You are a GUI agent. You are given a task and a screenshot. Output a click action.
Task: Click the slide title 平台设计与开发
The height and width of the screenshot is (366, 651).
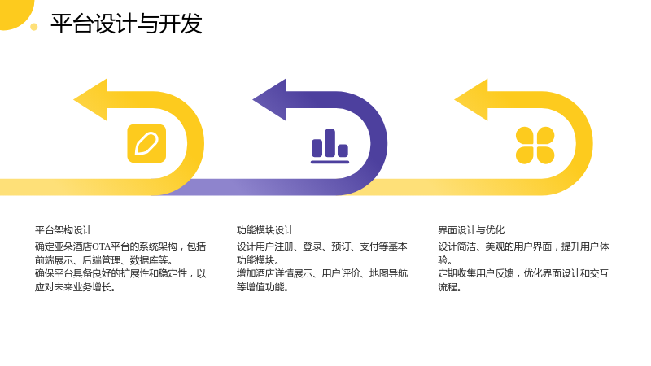point(126,24)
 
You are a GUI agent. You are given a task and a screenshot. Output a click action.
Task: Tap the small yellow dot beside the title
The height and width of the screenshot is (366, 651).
point(34,27)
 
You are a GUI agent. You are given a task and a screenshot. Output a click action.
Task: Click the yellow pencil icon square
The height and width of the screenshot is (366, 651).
point(146,144)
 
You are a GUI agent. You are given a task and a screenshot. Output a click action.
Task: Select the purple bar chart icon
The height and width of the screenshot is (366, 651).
point(330,146)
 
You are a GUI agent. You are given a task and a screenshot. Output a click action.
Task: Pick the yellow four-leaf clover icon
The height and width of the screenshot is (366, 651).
point(535,146)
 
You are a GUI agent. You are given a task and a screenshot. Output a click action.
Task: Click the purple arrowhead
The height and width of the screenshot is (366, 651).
point(269,99)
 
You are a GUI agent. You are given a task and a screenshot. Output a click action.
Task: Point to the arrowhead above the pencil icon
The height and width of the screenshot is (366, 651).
point(90,99)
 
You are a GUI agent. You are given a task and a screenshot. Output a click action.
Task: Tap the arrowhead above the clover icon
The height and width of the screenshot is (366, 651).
point(471,99)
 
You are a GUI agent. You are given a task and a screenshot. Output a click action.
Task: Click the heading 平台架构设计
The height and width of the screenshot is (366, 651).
point(63,230)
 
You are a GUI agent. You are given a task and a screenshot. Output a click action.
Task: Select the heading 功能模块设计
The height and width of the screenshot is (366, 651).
point(265,230)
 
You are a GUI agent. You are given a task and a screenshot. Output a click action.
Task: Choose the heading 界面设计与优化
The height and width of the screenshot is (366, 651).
point(471,230)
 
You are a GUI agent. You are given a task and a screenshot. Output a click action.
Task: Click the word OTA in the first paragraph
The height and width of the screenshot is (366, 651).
point(101,246)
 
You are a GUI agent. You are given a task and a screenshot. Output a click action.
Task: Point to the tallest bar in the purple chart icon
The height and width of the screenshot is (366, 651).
point(330,143)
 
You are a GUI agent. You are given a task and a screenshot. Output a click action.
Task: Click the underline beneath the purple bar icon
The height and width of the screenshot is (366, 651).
point(330,162)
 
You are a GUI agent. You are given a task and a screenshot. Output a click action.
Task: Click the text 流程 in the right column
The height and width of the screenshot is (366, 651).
point(448,287)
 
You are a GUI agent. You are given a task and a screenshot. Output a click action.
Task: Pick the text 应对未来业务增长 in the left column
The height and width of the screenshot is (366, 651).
point(72,287)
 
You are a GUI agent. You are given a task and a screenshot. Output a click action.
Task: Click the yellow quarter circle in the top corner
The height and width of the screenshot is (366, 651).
point(15,12)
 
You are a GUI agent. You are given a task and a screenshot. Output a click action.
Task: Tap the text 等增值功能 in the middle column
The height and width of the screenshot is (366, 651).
point(260,287)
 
